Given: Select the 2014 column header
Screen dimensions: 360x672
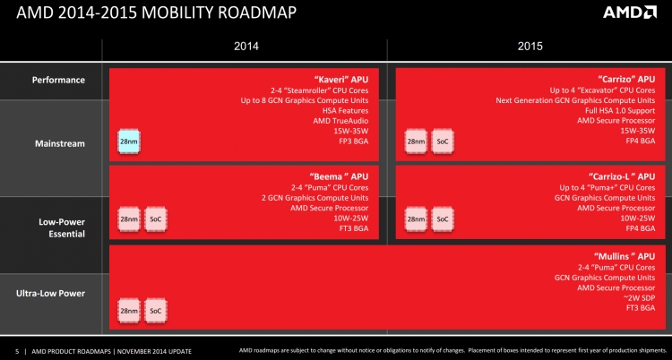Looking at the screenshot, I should tap(246, 47).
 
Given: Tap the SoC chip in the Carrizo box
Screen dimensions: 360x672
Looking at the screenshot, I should tap(442, 141).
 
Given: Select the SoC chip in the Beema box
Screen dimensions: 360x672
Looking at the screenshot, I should tap(155, 219).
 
